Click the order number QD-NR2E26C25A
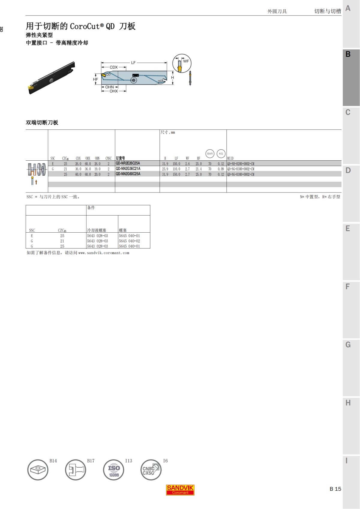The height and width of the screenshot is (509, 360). pos(128,163)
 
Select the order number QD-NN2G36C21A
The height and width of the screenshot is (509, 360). pos(128,169)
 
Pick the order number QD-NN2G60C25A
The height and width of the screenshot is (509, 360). pos(128,174)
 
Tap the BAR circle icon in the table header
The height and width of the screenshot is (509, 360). pos(210,153)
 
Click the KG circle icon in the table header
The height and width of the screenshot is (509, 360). pos(221,153)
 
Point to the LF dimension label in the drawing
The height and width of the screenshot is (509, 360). pos(133,63)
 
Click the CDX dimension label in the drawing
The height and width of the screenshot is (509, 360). pos(114,67)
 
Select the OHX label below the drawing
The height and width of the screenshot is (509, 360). pos(114,91)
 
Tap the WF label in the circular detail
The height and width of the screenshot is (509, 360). pos(186,61)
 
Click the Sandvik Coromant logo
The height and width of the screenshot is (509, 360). pos(180,490)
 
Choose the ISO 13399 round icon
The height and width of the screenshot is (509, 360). pos(114,470)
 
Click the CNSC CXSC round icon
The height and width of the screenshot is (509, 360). pos(151,470)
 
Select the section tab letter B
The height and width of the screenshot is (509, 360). pos(348,54)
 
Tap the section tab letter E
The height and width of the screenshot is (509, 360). pos(348,229)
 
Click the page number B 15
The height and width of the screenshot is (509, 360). pos(335,489)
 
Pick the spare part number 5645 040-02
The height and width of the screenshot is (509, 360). pos(129,241)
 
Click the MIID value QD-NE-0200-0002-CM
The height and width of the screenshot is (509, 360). pos(241,164)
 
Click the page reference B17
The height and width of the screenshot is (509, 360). pos(91,461)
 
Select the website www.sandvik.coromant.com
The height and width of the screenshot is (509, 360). pos(104,253)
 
